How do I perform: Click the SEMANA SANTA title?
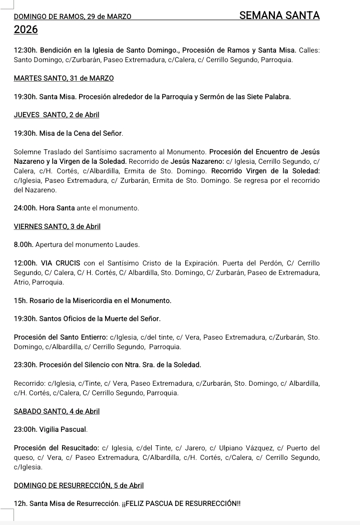click(x=279, y=16)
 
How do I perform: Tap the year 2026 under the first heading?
click(x=26, y=30)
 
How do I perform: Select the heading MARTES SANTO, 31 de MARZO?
click(x=64, y=78)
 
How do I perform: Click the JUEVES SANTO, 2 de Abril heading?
click(x=57, y=115)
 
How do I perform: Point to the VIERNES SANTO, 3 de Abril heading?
click(x=58, y=226)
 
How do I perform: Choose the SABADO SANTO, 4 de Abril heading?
click(x=57, y=411)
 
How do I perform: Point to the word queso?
click(x=25, y=457)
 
